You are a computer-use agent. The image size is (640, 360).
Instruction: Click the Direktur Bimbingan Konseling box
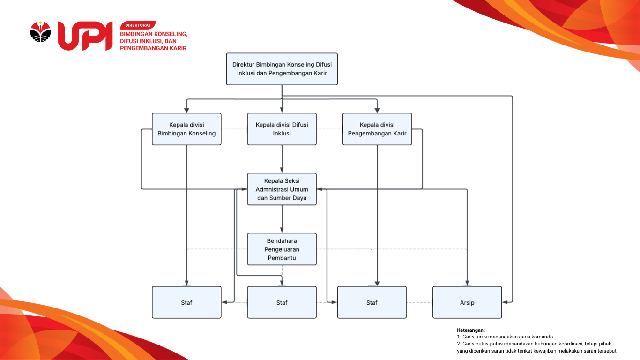tap(282, 69)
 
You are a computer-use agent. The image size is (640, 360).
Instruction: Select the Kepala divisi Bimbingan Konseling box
tap(186, 129)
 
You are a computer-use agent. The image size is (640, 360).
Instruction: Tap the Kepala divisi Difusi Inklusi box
tap(282, 129)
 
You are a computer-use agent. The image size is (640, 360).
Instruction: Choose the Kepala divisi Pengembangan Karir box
tap(377, 129)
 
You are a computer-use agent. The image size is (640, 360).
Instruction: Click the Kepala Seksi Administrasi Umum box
tap(282, 189)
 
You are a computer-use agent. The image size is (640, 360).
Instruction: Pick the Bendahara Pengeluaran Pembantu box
tap(282, 249)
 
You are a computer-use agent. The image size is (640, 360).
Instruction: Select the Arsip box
tap(467, 302)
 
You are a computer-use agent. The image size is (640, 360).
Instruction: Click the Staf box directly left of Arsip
tap(372, 302)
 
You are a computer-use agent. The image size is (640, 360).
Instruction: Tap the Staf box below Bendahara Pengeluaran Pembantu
tap(282, 302)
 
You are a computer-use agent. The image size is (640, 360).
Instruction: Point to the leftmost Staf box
tap(186, 302)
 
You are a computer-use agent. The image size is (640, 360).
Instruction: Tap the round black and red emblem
tap(40, 32)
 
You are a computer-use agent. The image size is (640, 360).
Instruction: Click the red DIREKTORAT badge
tap(138, 25)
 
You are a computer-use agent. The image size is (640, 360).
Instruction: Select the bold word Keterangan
tap(471, 330)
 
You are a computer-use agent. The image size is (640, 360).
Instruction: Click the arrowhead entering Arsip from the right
tap(505, 302)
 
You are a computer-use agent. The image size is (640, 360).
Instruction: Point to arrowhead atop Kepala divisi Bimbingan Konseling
tap(186, 110)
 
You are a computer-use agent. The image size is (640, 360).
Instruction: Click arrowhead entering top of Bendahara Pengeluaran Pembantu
tap(282, 230)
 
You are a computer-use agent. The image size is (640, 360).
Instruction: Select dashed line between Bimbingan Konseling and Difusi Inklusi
tap(234, 129)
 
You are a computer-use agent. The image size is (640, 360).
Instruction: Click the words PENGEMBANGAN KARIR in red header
tap(153, 48)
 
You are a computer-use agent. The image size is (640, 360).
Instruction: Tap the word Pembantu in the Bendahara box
tap(282, 258)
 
